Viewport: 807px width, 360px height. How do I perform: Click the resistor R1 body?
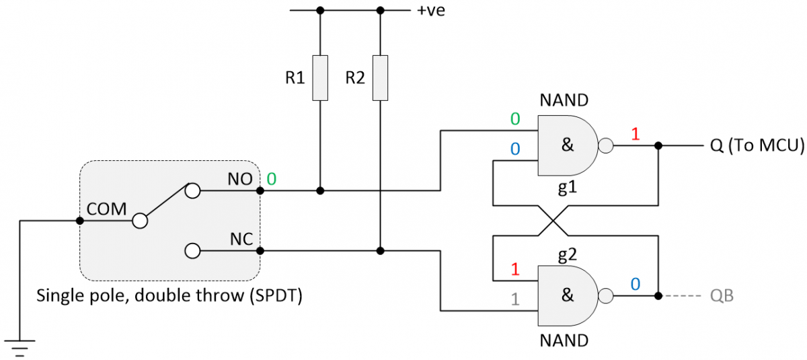(x=320, y=78)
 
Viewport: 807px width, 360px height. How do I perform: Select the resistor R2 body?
(x=380, y=78)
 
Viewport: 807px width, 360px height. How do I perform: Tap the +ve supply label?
(x=431, y=11)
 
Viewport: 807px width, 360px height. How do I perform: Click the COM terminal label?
(x=107, y=209)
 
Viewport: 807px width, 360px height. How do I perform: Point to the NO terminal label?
(x=240, y=179)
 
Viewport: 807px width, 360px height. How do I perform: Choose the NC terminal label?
(x=240, y=239)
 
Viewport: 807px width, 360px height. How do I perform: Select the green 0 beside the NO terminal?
(x=271, y=179)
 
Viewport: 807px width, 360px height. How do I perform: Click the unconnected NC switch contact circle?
(x=193, y=251)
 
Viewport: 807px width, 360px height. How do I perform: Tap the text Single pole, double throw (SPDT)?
(x=169, y=295)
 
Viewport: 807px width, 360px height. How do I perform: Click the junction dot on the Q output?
(x=659, y=145)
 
